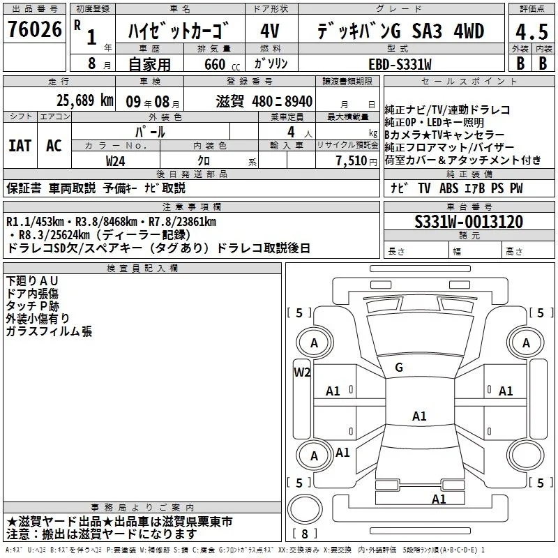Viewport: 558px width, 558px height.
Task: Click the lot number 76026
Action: [x=35, y=29]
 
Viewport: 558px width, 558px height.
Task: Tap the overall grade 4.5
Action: [x=531, y=32]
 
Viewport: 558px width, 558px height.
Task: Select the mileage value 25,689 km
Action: [x=84, y=100]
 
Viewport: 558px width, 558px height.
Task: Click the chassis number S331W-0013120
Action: [x=469, y=222]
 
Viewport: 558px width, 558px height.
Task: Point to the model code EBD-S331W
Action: [x=400, y=64]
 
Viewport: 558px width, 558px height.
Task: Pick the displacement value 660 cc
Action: [x=222, y=65]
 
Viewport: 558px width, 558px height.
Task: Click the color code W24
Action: [x=115, y=161]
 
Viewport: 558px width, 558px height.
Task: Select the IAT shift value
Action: [x=20, y=146]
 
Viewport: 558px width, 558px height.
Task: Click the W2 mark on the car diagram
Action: [x=302, y=372]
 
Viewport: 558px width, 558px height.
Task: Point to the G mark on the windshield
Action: [x=399, y=368]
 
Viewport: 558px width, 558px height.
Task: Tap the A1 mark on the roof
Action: [x=419, y=416]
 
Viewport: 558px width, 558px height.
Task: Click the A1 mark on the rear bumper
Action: [x=439, y=499]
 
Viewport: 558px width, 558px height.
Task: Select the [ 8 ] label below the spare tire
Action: [x=305, y=534]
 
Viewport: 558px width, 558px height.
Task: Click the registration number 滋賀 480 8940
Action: [x=264, y=102]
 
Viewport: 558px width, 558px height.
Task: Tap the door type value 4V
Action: [x=270, y=31]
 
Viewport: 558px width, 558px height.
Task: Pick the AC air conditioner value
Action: [x=54, y=146]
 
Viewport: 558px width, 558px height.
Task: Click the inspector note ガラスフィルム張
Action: [x=49, y=331]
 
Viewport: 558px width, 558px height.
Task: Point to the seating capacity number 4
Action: [x=291, y=132]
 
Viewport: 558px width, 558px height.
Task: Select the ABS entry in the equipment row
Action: [x=448, y=188]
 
